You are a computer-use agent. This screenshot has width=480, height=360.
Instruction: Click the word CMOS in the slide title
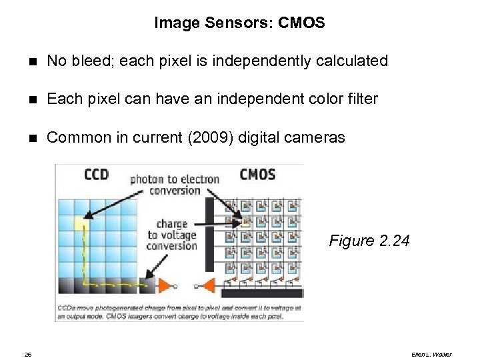click(x=302, y=23)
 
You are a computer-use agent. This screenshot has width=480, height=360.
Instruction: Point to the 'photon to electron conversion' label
click(x=165, y=184)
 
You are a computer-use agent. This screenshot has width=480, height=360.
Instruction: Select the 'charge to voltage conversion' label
click(x=172, y=235)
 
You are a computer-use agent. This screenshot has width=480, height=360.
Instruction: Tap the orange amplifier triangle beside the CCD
click(x=165, y=285)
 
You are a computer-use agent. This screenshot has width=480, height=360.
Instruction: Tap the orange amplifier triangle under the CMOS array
click(x=208, y=286)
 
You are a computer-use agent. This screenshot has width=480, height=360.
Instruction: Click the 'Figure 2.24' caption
click(x=368, y=241)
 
